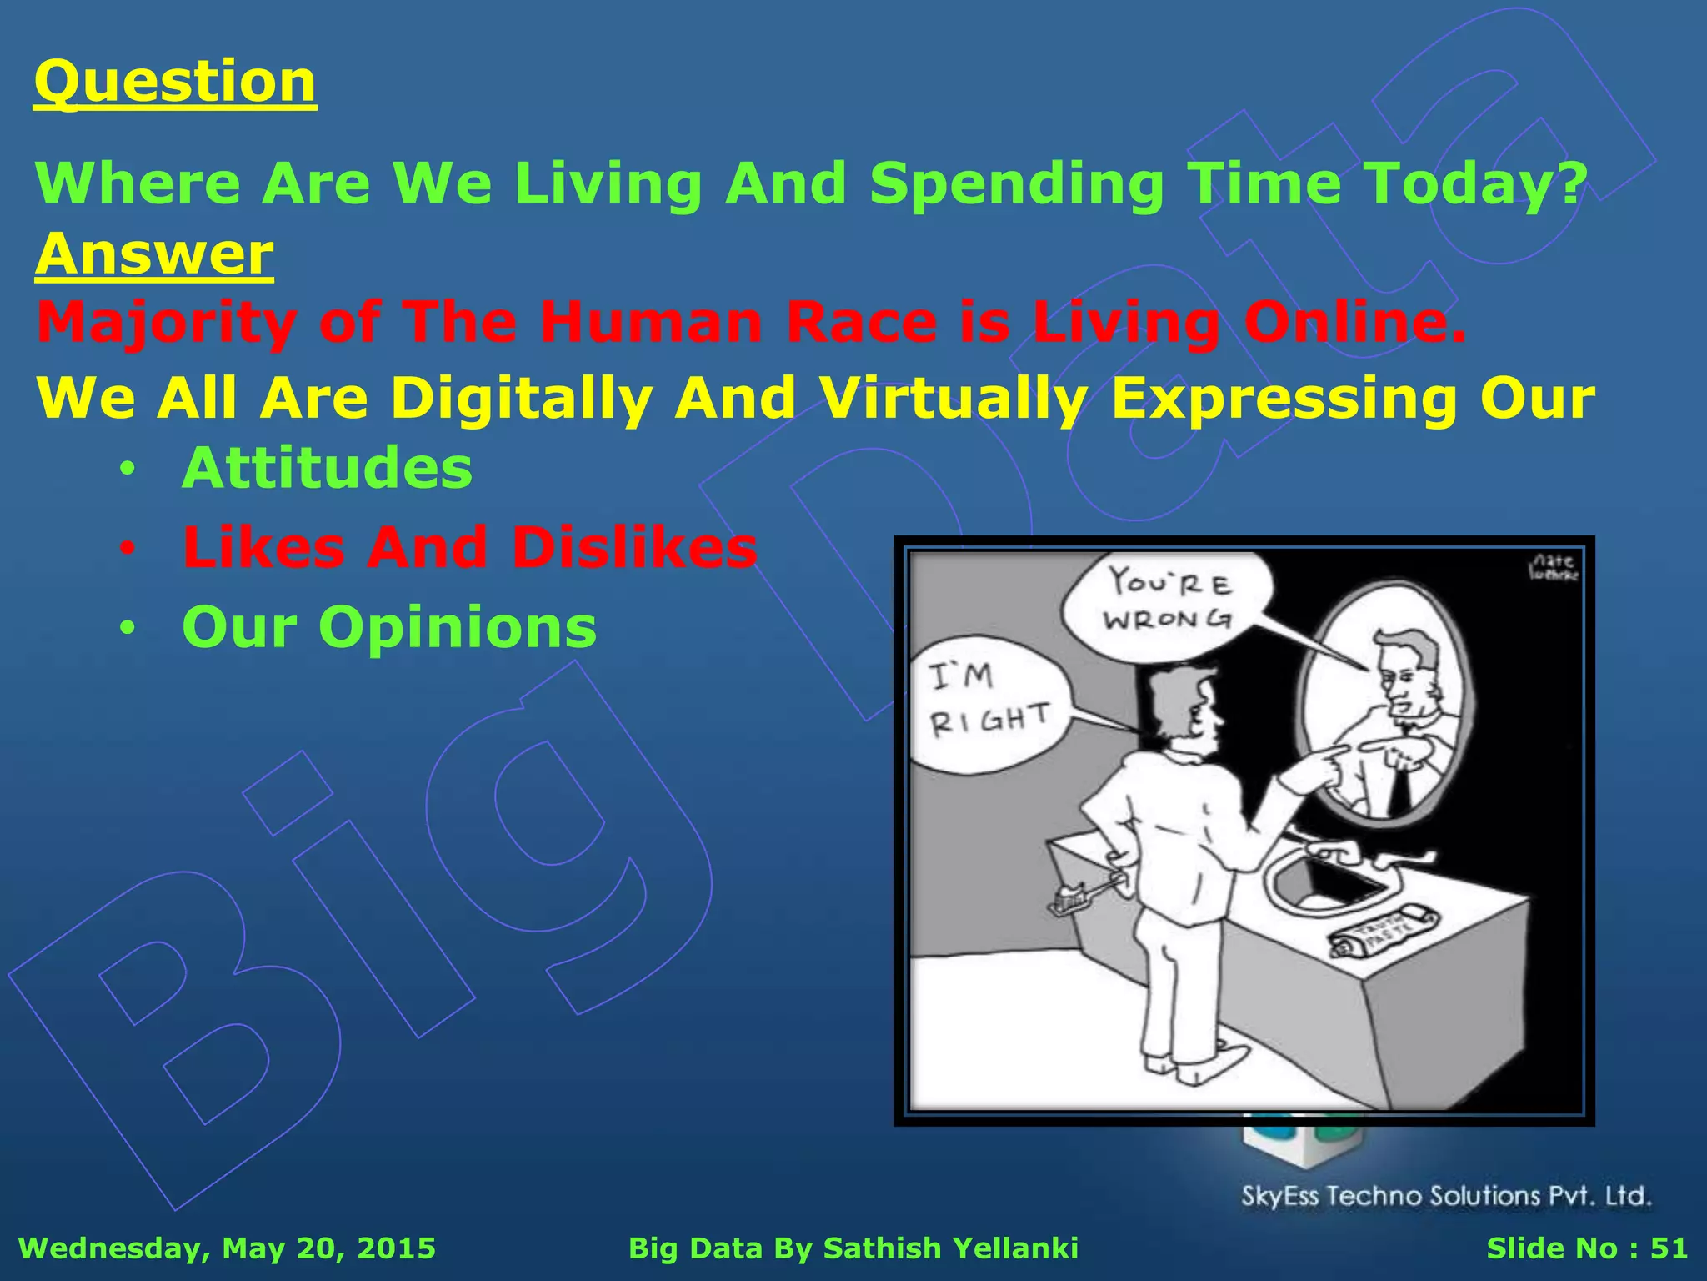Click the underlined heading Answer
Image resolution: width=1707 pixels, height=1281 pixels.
[154, 254]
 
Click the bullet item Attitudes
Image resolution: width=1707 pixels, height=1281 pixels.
[327, 468]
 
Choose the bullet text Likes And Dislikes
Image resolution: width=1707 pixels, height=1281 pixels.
[469, 548]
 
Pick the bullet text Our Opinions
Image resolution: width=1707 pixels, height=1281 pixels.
[389, 627]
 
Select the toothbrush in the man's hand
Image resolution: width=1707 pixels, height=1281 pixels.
[1084, 897]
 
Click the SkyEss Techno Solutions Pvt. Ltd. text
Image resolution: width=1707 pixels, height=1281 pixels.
[1446, 1196]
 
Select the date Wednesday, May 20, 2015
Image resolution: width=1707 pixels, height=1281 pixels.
[227, 1248]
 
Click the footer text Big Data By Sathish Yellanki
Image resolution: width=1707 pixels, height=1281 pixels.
[853, 1248]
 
